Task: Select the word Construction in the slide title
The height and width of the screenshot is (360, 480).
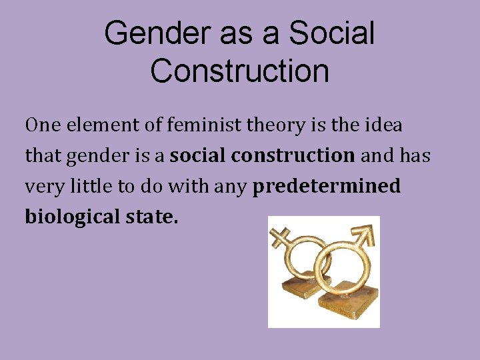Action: pyautogui.click(x=239, y=71)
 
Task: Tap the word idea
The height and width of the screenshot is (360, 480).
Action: pyautogui.click(x=381, y=125)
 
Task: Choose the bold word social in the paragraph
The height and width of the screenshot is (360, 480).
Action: pyautogui.click(x=199, y=156)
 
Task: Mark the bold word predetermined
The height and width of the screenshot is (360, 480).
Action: pyautogui.click(x=327, y=187)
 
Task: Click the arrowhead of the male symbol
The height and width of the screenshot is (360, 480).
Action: pyautogui.click(x=365, y=233)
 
